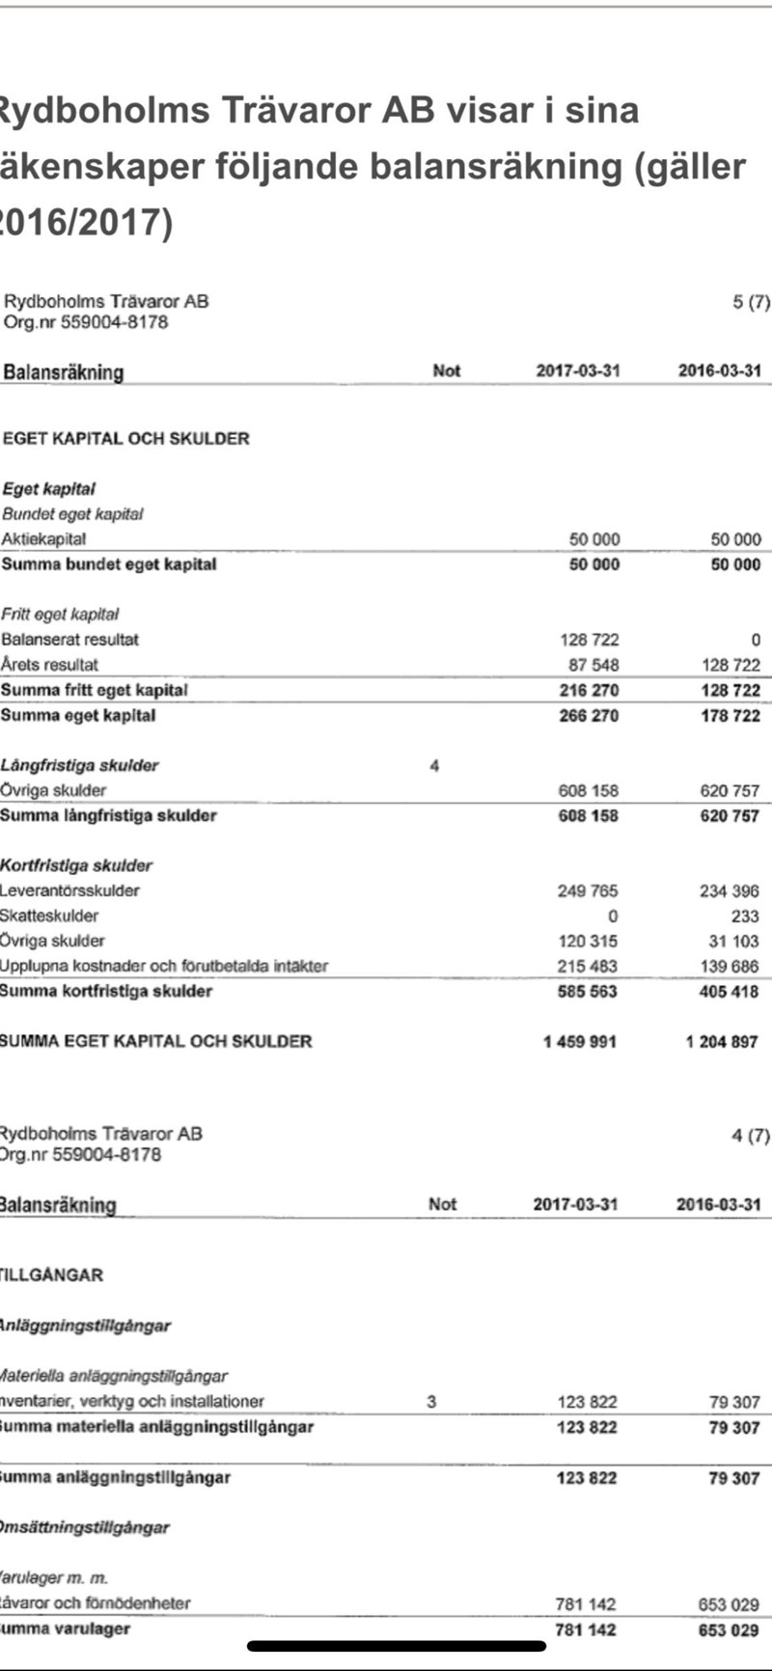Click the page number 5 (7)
[752, 302]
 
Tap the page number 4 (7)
[751, 1136]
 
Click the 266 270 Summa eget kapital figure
[589, 716]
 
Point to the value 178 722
[731, 716]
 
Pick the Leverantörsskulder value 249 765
[588, 890]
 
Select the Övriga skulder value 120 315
[588, 942]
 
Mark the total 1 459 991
[580, 1042]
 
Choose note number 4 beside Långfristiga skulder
[434, 766]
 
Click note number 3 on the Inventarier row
[431, 1402]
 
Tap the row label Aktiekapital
[43, 539]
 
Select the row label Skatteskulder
[49, 916]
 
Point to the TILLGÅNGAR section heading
[51, 1275]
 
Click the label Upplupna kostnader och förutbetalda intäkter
[164, 966]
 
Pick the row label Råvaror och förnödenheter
[96, 1603]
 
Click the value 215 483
[588, 967]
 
